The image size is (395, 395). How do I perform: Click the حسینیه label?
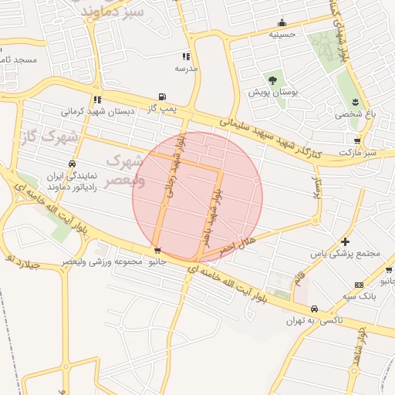point(283,35)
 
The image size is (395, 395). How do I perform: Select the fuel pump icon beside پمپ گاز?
point(161,97)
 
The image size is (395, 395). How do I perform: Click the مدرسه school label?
point(186,69)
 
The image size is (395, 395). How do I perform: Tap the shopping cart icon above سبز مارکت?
point(356,141)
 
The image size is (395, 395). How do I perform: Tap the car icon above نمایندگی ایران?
point(72,164)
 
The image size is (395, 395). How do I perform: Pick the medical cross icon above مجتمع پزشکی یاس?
point(345,242)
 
